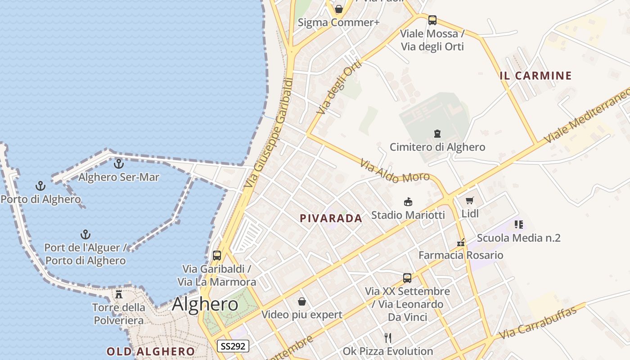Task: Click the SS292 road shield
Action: (233, 346)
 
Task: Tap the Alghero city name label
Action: (205, 304)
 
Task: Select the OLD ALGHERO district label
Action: (151, 351)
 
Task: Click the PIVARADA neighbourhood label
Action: (331, 219)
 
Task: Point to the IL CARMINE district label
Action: (535, 76)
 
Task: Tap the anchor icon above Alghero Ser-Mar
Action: (119, 164)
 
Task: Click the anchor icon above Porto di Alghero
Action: (40, 186)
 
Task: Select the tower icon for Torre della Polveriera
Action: (119, 294)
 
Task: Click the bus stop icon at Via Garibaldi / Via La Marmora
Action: (217, 256)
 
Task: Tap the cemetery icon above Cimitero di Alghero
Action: (437, 134)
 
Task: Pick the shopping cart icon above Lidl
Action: (470, 201)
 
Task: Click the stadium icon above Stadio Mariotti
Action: (408, 202)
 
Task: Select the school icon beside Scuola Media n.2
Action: (518, 224)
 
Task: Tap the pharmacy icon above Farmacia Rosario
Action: (460, 243)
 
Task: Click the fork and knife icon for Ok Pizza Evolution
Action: (388, 337)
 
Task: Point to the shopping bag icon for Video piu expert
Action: (302, 301)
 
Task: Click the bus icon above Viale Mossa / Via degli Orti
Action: (432, 20)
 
